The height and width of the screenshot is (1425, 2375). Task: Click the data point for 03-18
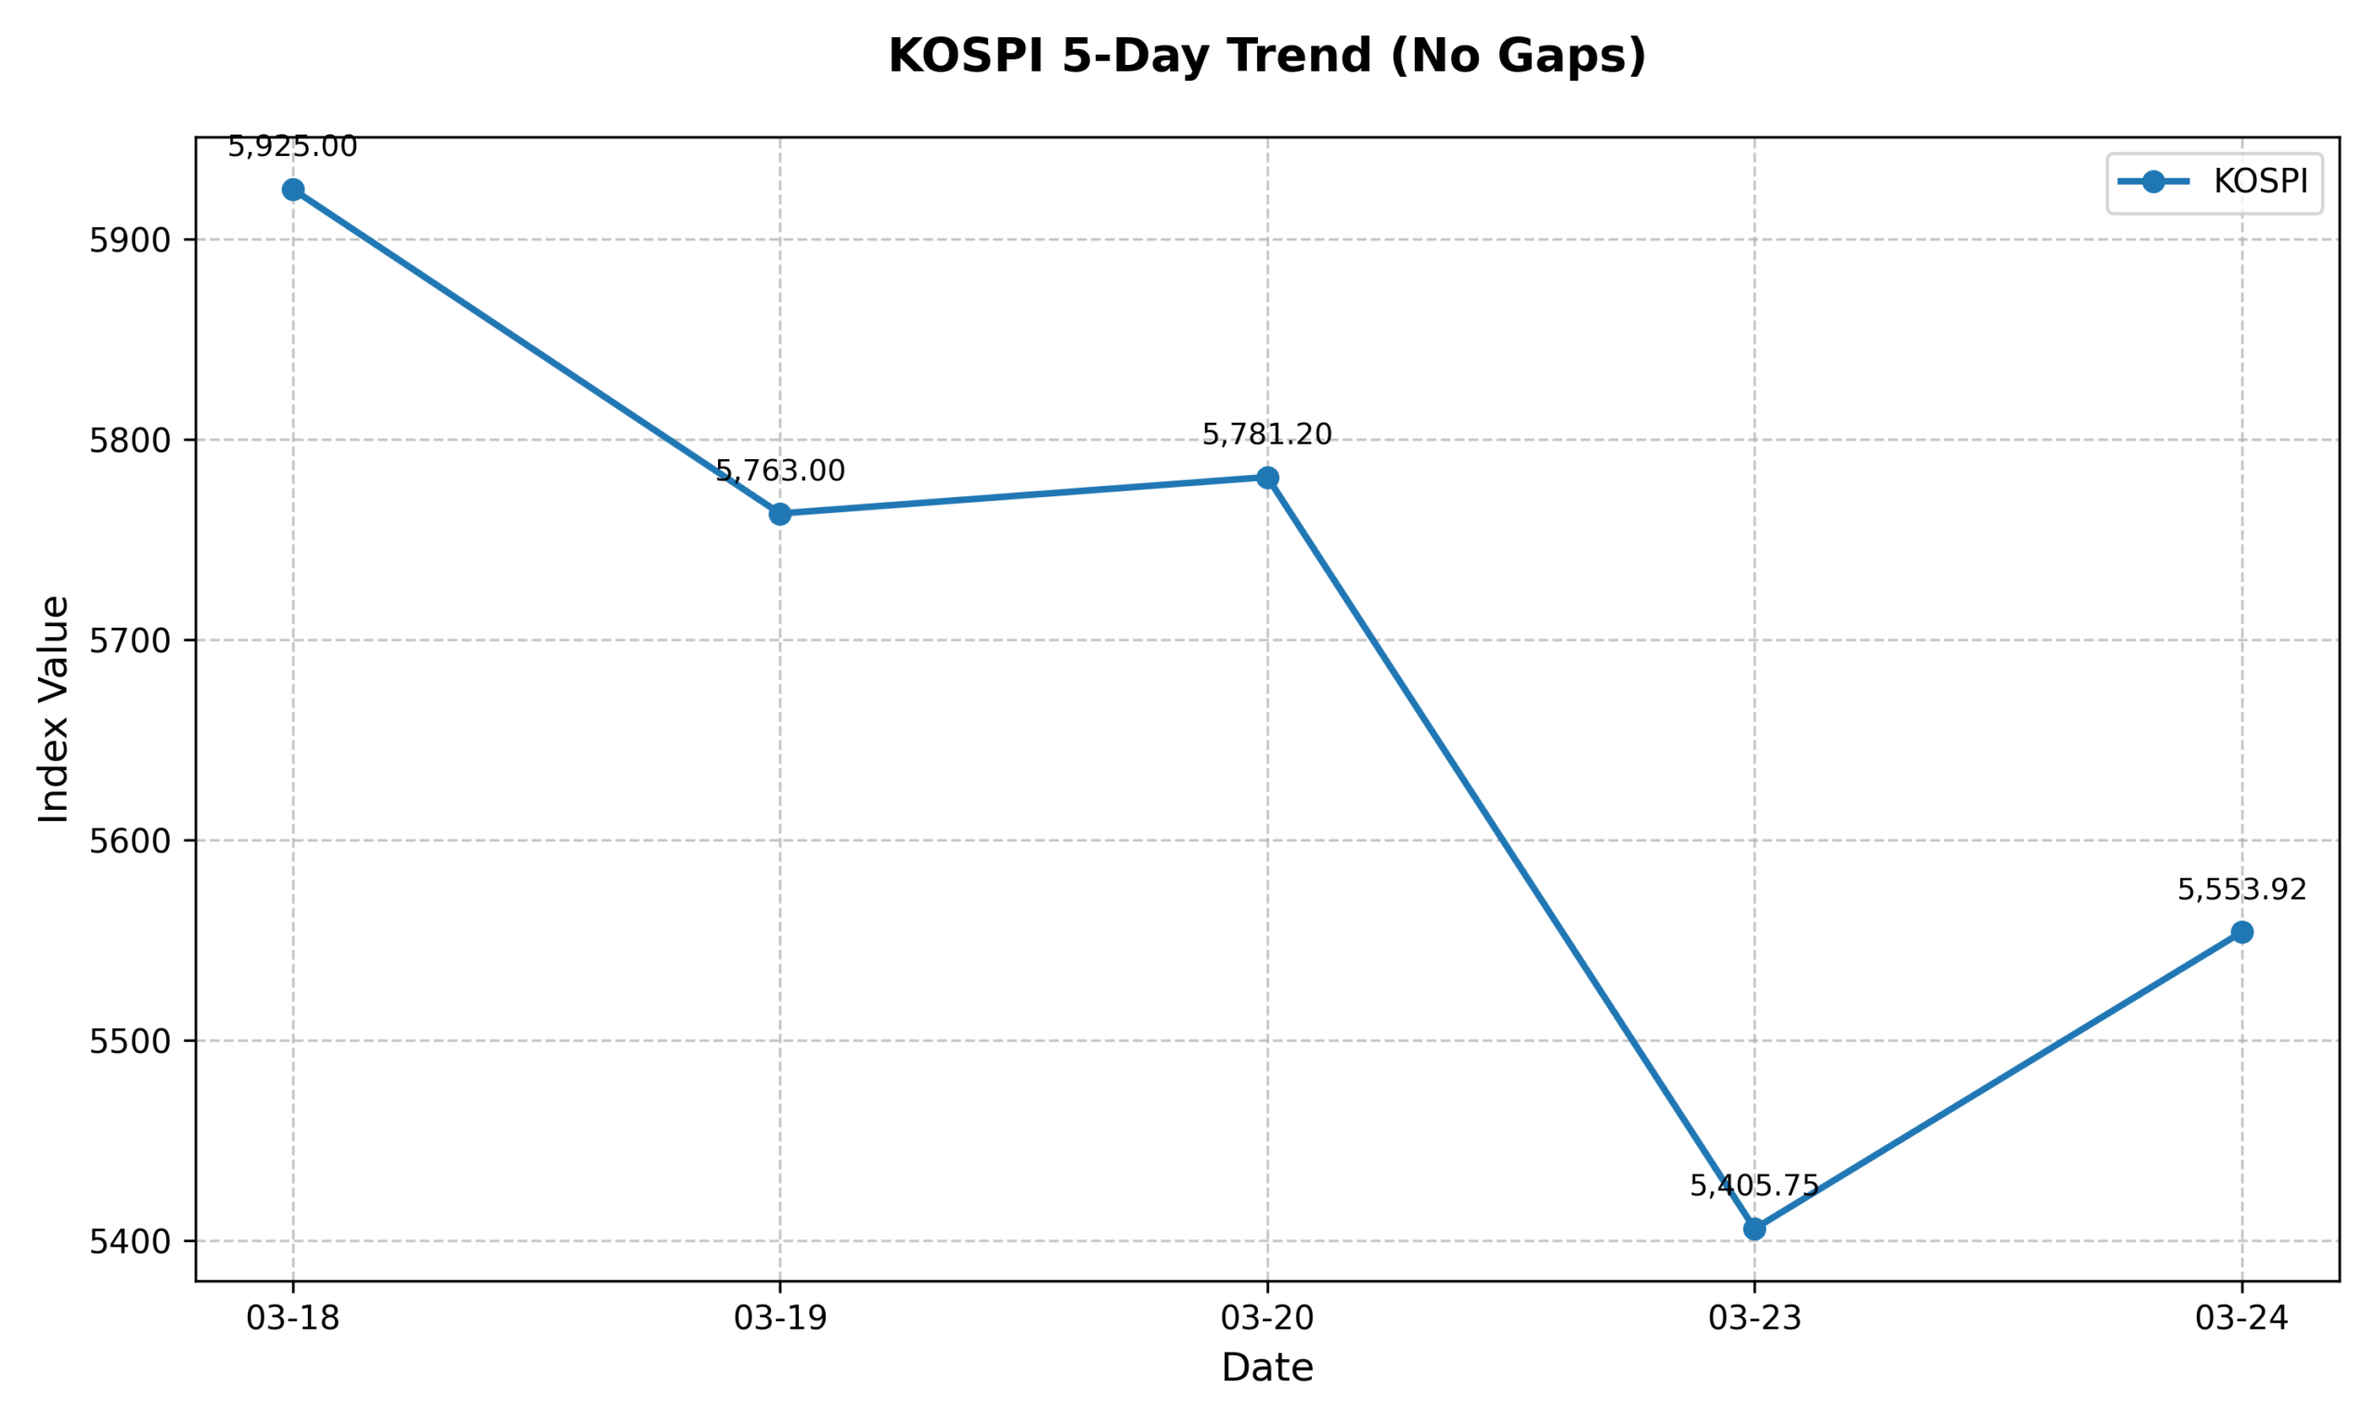pyautogui.click(x=293, y=190)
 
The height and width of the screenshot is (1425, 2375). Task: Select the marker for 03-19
pyautogui.click(x=779, y=514)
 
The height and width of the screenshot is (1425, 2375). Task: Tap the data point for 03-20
pyautogui.click(x=1267, y=477)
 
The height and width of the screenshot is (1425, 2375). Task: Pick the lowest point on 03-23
pyautogui.click(x=1754, y=1229)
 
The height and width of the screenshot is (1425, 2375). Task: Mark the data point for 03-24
pyautogui.click(x=2241, y=932)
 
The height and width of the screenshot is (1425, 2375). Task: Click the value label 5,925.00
pyautogui.click(x=293, y=148)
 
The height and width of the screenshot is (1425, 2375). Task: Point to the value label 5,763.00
pyautogui.click(x=779, y=471)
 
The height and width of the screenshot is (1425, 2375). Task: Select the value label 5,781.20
pyautogui.click(x=1267, y=435)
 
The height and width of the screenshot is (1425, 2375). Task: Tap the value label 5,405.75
pyautogui.click(x=1754, y=1186)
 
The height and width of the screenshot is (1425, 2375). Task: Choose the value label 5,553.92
pyautogui.click(x=2241, y=890)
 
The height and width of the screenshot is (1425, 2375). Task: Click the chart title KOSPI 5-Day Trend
pyautogui.click(x=1267, y=56)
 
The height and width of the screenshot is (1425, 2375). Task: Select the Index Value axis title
pyautogui.click(x=55, y=709)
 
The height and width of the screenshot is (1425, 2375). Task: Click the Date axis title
pyautogui.click(x=1267, y=1368)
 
